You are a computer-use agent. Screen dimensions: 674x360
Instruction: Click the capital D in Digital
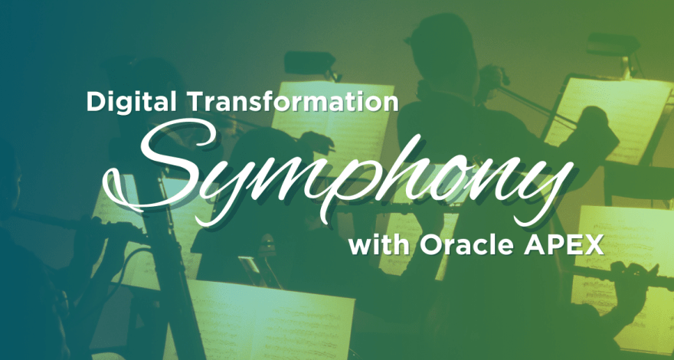click(96, 102)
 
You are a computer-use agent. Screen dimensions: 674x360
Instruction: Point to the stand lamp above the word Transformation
click(310, 63)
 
